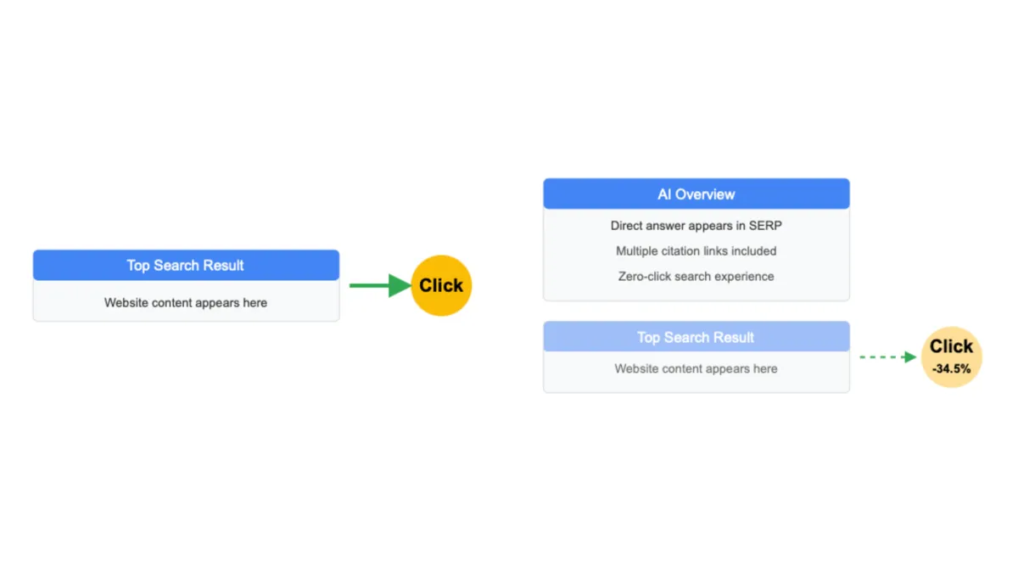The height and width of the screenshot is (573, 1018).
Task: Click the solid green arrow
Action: point(378,285)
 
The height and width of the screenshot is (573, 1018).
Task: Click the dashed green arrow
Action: point(887,357)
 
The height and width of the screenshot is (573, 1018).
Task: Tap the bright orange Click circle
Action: point(441,285)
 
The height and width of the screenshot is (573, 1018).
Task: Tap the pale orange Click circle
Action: point(951,357)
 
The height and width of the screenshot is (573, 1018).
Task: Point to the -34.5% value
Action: point(951,369)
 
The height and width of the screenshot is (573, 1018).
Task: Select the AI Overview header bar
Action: point(696,194)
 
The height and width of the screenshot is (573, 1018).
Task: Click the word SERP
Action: point(765,226)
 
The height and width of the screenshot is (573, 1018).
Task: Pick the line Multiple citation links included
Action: point(696,251)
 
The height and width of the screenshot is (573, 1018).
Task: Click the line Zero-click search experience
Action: point(696,277)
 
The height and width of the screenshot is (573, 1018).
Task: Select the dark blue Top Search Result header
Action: point(186,266)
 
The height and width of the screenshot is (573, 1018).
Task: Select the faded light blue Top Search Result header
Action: point(696,337)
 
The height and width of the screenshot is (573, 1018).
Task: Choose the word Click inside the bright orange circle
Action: point(441,285)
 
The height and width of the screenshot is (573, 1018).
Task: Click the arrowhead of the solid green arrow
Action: point(400,285)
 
